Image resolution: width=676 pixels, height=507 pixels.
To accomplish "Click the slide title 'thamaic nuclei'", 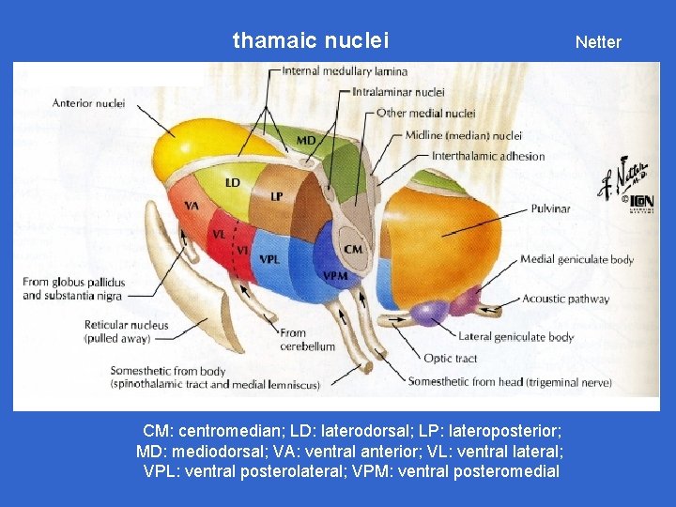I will click(x=310, y=40).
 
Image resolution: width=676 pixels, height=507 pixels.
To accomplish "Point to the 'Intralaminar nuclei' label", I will click(x=398, y=92).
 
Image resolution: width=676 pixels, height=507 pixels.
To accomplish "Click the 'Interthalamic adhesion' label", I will click(x=488, y=156).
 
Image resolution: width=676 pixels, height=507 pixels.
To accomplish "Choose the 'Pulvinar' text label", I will click(x=549, y=208).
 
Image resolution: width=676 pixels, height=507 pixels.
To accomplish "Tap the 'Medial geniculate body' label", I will click(x=576, y=259).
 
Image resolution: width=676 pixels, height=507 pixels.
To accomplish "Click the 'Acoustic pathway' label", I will click(x=565, y=300).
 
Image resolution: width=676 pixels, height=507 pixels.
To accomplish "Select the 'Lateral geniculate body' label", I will click(x=515, y=336).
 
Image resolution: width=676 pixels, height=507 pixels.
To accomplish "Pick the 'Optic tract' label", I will click(x=451, y=359).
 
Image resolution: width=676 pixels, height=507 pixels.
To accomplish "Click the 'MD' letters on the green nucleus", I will click(x=307, y=141).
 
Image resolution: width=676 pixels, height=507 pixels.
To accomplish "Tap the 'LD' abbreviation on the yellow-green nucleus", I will click(x=233, y=181).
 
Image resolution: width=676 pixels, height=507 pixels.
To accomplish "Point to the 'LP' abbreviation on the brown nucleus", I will click(x=277, y=196).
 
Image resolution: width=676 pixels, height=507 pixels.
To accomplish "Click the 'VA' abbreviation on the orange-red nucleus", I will click(x=192, y=206).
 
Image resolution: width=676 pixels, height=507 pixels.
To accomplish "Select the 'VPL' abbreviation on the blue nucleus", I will click(x=269, y=258).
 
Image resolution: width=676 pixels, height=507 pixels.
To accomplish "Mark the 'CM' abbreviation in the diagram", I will click(x=353, y=249).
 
